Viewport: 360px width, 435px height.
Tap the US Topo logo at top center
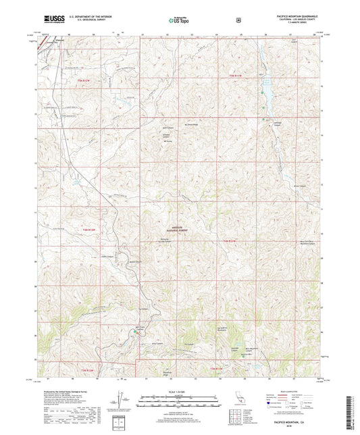(x=179, y=21)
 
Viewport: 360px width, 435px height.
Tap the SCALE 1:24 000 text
(x=180, y=392)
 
